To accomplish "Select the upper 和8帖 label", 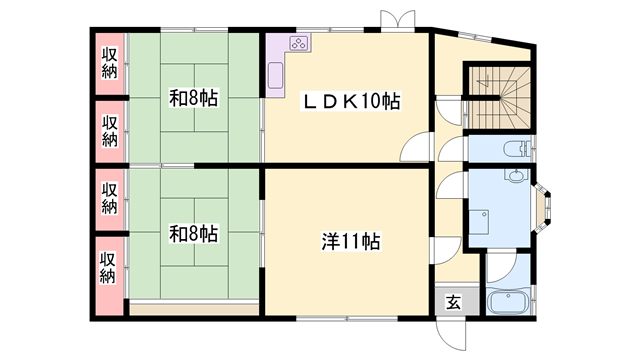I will pos(193,98).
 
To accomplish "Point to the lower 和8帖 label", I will pos(193,234).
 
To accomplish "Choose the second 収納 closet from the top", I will pos(110,130).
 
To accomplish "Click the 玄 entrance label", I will pos(453,302).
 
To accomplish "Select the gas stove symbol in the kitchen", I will pos(300,42).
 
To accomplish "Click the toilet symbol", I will pos(514,150).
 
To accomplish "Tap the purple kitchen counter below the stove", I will pos(275,72).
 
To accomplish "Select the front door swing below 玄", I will pos(446,330).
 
